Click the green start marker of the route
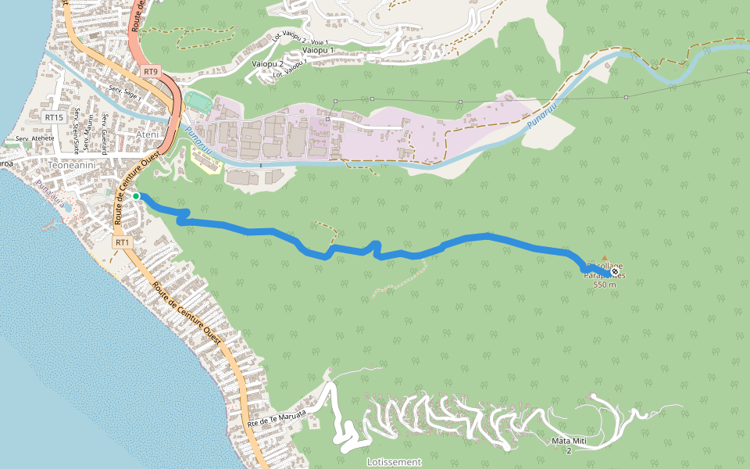136,195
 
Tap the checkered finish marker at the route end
615,272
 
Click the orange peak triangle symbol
604,257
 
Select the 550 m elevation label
605,285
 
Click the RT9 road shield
151,72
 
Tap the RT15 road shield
53,117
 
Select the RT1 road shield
122,243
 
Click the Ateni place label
148,135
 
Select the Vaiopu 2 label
268,63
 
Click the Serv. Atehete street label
34,138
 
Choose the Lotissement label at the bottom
394,462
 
